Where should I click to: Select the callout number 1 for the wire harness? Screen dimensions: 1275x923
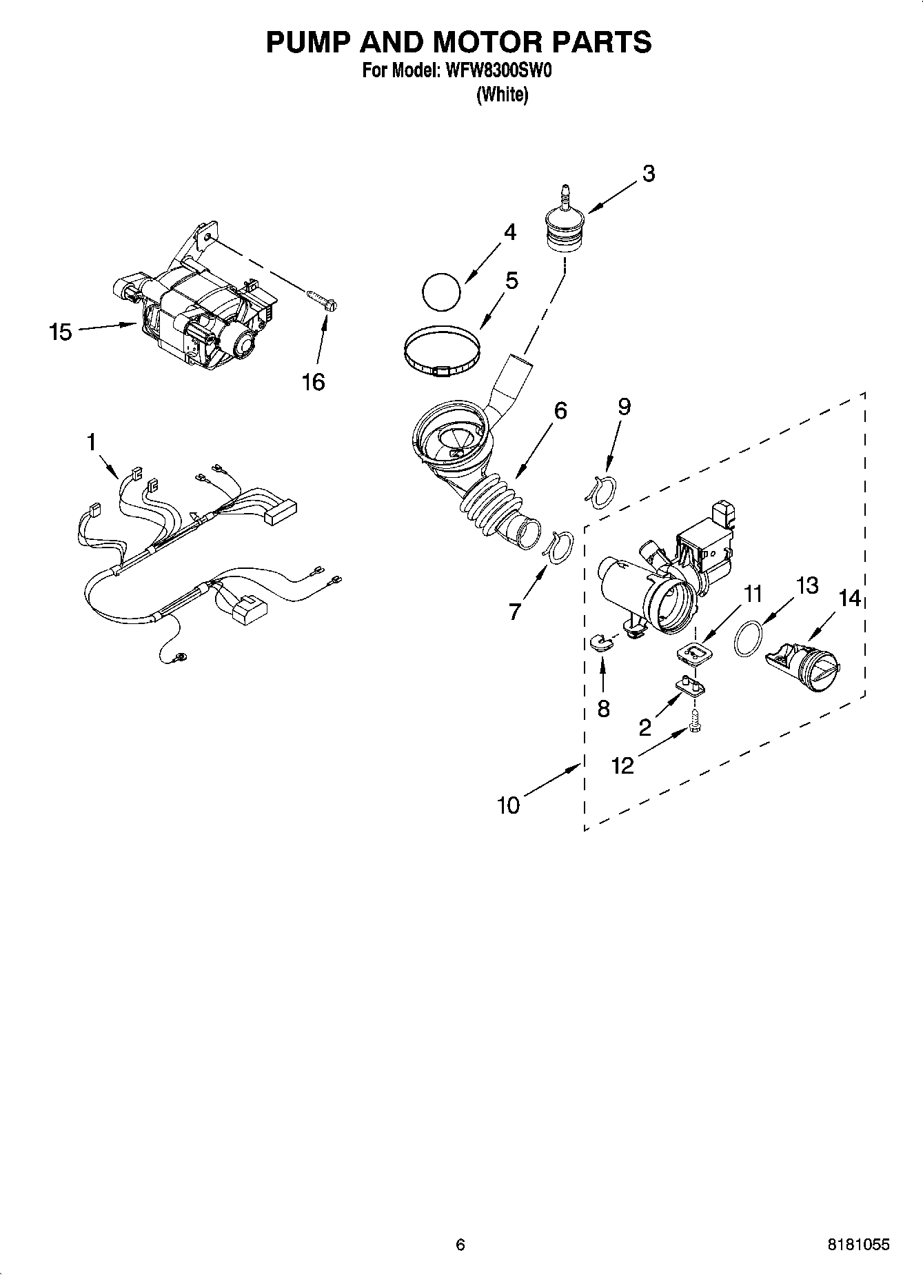point(91,442)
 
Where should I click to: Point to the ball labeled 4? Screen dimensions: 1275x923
point(440,292)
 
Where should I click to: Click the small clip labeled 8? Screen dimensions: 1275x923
point(602,643)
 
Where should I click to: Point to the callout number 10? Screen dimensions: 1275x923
point(508,805)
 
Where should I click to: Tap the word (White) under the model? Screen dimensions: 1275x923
point(502,95)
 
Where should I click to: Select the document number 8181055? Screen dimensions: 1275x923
point(858,1245)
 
